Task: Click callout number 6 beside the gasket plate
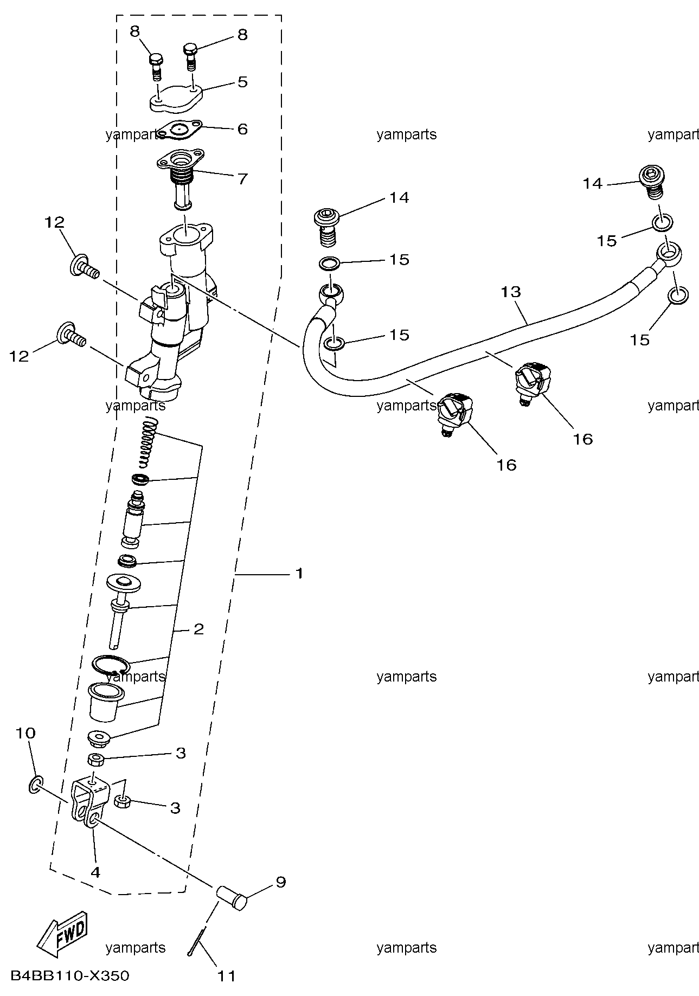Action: coord(242,128)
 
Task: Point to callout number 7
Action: coord(242,178)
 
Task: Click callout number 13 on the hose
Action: coord(511,292)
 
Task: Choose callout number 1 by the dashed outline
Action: coord(299,573)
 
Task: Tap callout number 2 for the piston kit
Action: coord(198,629)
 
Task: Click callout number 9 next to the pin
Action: coord(280,882)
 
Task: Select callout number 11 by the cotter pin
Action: coord(227,976)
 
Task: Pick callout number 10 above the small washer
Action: coord(25,733)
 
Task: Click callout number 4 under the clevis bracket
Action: coord(95,872)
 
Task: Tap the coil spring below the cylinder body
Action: coord(148,444)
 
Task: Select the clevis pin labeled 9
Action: coord(232,896)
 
